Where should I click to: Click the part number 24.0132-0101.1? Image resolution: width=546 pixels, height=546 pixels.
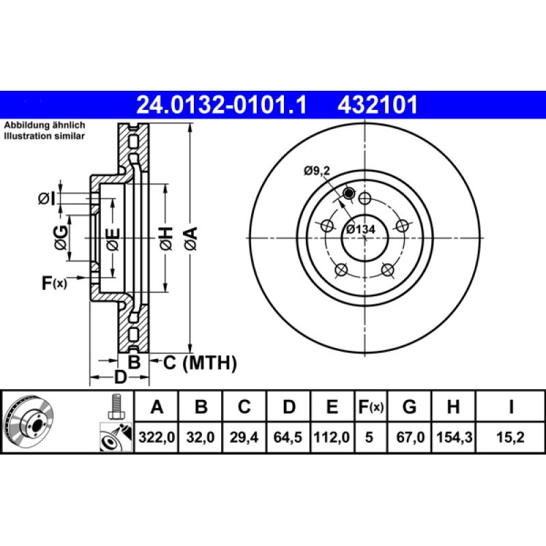222,105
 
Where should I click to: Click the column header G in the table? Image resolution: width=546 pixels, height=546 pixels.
409,407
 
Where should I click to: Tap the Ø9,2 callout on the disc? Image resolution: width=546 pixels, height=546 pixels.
317,172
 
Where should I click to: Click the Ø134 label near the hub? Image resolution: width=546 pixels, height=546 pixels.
360,229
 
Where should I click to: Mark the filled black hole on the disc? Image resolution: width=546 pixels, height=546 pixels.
349,194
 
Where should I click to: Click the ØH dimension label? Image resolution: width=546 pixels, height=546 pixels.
166,237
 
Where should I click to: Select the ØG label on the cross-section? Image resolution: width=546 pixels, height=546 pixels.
61,237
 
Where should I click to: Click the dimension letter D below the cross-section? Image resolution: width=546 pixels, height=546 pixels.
120,377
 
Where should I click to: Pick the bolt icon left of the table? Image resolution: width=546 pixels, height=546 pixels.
115,407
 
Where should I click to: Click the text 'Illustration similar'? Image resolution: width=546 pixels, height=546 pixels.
45,136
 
